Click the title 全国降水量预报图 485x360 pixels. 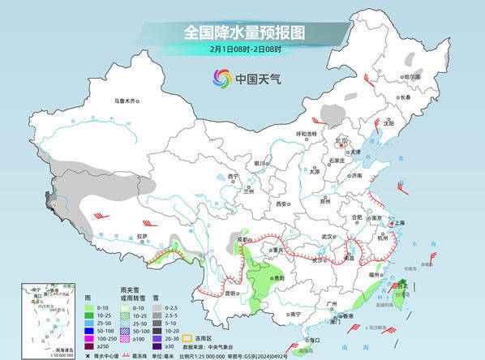243,33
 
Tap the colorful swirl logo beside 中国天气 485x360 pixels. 221,79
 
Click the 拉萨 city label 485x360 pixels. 143,237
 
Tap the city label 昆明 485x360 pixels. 234,293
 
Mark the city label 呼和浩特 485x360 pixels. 307,134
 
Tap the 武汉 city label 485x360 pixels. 328,236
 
